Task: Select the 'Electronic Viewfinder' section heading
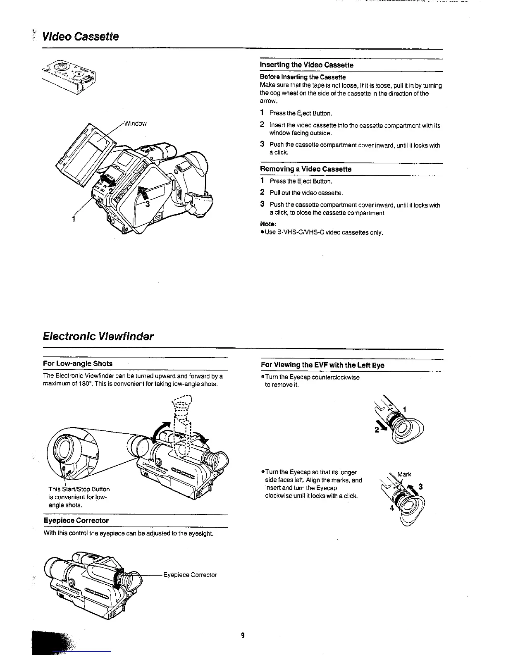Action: (98, 336)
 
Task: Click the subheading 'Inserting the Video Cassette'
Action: (306, 65)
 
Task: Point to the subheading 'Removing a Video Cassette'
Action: (306, 169)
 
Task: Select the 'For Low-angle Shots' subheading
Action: (78, 363)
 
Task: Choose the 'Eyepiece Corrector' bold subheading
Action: (76, 521)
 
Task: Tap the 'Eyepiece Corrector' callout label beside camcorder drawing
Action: (190, 575)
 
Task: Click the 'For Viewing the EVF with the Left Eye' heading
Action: (322, 365)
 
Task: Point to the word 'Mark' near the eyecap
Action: (404, 474)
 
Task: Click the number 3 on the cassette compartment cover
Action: (147, 203)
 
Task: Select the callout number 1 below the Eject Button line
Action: (74, 219)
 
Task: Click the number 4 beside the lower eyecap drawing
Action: (391, 508)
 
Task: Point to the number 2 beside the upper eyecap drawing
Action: (377, 430)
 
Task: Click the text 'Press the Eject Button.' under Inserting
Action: (301, 113)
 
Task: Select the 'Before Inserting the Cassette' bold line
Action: (303, 77)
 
